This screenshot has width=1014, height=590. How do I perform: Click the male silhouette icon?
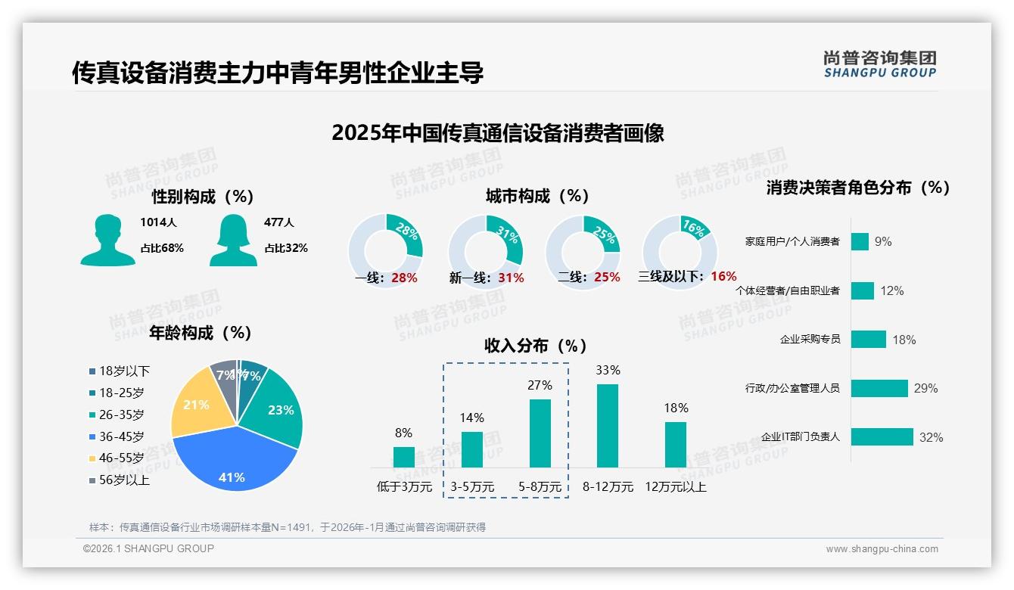click(107, 241)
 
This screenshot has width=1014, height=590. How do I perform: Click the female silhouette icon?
click(233, 241)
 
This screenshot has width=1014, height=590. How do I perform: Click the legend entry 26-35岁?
click(121, 415)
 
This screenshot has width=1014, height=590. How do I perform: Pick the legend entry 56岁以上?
click(124, 480)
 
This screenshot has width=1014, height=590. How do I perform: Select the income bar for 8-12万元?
click(608, 426)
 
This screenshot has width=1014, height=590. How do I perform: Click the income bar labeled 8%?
click(404, 457)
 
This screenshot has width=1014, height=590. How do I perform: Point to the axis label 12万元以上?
click(675, 487)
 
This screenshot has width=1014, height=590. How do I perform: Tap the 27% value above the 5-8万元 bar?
click(540, 385)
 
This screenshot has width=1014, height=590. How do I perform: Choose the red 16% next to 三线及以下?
click(724, 276)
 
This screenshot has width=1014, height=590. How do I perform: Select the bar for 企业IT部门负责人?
click(882, 437)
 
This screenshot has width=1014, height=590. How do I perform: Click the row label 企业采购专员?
click(810, 340)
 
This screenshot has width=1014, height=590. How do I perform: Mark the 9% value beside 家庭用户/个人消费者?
click(883, 241)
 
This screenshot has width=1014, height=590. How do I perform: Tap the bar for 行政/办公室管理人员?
click(879, 388)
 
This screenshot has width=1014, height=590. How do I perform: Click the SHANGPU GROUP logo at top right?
click(879, 64)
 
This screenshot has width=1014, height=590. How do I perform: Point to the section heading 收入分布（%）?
click(536, 346)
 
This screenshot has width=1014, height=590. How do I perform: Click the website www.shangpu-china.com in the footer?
click(882, 549)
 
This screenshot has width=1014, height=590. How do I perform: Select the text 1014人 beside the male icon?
click(157, 222)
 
